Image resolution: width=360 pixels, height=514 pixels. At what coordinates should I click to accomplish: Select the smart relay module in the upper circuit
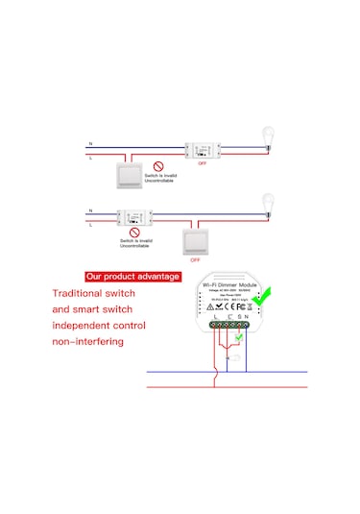coord(202,150)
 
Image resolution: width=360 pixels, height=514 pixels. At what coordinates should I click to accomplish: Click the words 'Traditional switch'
coord(92,294)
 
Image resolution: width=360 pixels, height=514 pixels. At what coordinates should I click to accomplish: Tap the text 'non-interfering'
coord(88,341)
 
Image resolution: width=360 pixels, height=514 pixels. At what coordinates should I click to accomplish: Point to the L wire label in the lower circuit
coord(90,222)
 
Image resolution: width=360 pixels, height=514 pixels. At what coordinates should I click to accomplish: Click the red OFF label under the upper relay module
coord(202,165)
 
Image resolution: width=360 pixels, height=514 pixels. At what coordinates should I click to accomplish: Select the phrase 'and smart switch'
coord(92,309)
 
